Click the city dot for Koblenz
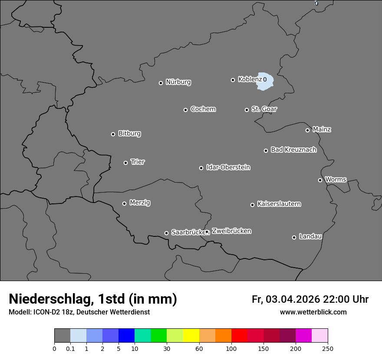pyautogui.click(x=233, y=80)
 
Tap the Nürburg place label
pyautogui.click(x=178, y=82)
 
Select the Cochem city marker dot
pyautogui.click(x=185, y=110)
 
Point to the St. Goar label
pyautogui.click(x=264, y=109)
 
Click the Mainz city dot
pyautogui.click(x=307, y=130)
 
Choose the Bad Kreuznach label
pyautogui.click(x=293, y=150)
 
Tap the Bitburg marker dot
pyautogui.click(x=113, y=134)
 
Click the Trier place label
pyautogui.click(x=138, y=162)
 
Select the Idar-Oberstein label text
pyautogui.click(x=228, y=167)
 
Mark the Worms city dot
pyautogui.click(x=320, y=180)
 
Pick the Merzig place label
pyautogui.click(x=140, y=203)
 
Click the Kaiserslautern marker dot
pyautogui.click(x=252, y=205)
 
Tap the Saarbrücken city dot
pyautogui.click(x=166, y=233)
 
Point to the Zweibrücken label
pyautogui.click(x=231, y=231)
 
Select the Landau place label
pyautogui.click(x=310, y=236)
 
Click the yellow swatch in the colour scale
pyautogui.click(x=191, y=335)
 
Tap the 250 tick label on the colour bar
pyautogui.click(x=328, y=348)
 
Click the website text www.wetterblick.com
pyautogui.click(x=313, y=312)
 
